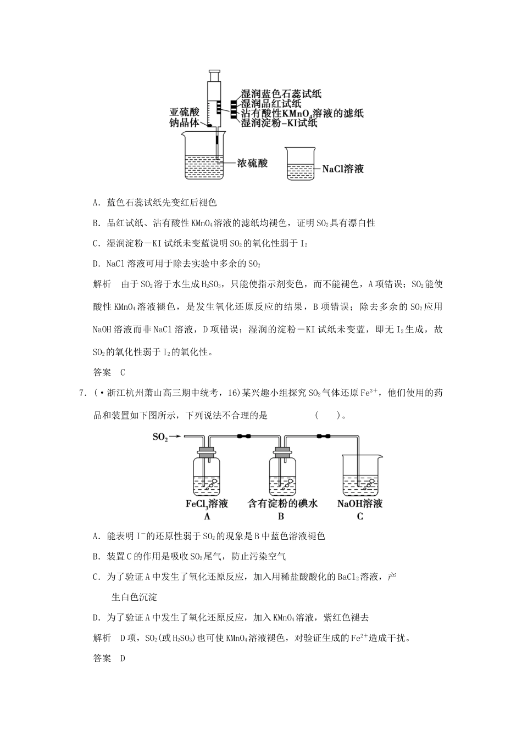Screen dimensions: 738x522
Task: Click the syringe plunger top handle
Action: [215, 71]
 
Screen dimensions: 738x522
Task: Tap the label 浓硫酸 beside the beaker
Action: [252, 163]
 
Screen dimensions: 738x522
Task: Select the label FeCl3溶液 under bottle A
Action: [207, 504]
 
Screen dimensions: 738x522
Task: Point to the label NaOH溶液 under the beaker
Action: [360, 504]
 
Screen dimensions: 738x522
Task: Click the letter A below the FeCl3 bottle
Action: [207, 517]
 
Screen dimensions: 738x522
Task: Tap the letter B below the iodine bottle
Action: [281, 517]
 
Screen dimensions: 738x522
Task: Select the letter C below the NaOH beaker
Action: [360, 517]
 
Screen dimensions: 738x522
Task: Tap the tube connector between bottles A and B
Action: [244, 437]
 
